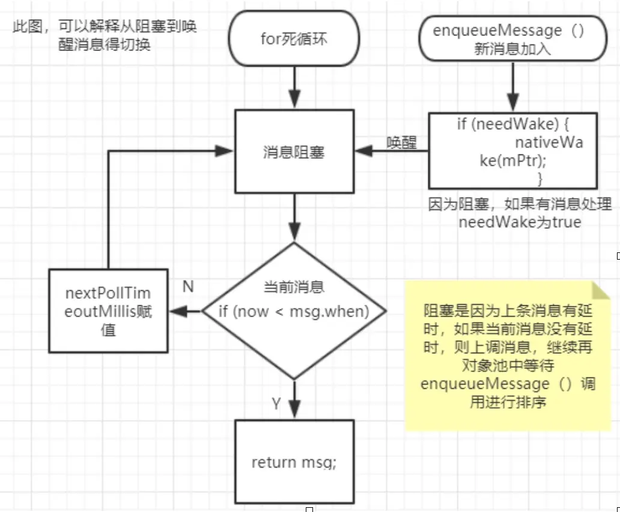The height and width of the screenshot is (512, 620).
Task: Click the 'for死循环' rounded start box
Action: [294, 38]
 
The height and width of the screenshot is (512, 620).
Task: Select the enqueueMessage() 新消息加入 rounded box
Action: [513, 38]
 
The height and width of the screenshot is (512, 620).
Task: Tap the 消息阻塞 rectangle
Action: [294, 151]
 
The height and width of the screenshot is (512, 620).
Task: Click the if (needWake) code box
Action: [513, 151]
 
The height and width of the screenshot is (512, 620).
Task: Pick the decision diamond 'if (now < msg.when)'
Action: [294, 311]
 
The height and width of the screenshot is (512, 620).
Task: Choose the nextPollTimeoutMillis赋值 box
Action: [108, 311]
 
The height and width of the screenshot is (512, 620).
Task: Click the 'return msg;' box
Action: [294, 462]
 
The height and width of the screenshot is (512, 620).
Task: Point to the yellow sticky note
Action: [508, 356]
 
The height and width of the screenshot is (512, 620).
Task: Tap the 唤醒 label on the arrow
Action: [402, 142]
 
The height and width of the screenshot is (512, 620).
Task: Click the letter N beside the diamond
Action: [188, 286]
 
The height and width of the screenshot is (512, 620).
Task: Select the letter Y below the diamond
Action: [276, 403]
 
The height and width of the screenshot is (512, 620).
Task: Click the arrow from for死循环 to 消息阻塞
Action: [294, 88]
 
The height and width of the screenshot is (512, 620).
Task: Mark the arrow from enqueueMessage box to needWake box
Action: [513, 87]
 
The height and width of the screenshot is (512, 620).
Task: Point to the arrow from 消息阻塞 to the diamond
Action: [294, 218]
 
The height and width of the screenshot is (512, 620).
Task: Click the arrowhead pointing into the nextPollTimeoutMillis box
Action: [178, 311]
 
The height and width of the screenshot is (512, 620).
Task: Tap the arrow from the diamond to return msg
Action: [294, 399]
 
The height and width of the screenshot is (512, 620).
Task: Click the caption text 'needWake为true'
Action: [520, 222]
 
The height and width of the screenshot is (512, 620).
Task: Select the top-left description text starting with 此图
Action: [105, 35]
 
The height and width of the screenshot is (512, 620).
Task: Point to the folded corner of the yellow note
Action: [601, 290]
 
